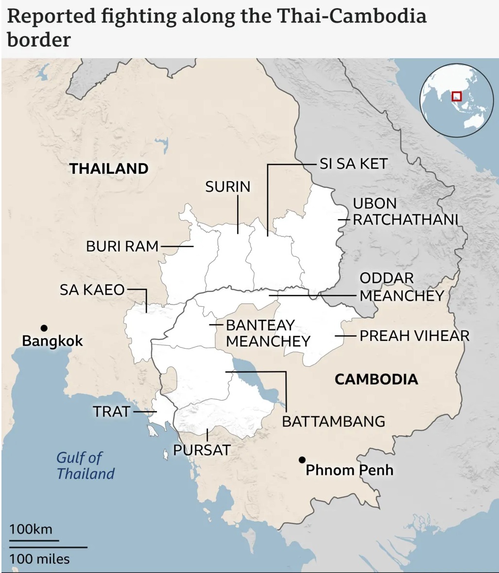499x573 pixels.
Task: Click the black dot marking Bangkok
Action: (44, 328)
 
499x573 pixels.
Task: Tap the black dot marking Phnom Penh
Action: (302, 459)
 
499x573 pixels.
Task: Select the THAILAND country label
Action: (108, 169)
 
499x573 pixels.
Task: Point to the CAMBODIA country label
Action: (376, 379)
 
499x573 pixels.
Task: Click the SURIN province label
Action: (227, 186)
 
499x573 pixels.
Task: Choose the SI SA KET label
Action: (353, 164)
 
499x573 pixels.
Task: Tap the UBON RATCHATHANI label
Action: (405, 211)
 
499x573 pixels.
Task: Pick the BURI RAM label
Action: (122, 246)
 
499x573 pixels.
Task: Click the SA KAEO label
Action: (92, 290)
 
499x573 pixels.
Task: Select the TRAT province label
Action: (112, 411)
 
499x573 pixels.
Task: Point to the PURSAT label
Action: (202, 450)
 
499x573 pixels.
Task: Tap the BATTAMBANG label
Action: (333, 421)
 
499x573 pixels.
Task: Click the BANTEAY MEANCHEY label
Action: (268, 333)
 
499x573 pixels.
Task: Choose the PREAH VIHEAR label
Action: (414, 336)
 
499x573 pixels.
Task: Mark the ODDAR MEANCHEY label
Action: (401, 286)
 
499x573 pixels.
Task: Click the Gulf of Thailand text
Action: (85, 465)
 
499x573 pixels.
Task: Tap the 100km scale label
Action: (31, 529)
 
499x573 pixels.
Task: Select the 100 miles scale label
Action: (39, 558)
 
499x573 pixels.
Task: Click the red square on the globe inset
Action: (456, 96)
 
